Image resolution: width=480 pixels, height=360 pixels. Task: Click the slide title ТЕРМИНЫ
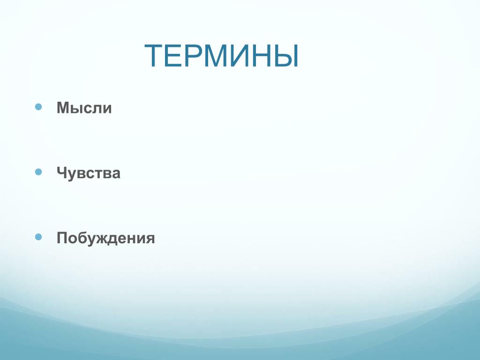click(221, 55)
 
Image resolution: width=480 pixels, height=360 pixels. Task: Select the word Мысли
click(84, 108)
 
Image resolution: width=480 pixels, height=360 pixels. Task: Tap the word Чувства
click(89, 173)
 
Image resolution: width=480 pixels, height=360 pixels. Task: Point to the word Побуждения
click(105, 238)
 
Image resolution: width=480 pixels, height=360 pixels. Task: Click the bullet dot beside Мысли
click(38, 107)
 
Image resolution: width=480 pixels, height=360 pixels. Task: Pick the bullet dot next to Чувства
click(38, 172)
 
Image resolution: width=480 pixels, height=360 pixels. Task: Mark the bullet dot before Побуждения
click(38, 237)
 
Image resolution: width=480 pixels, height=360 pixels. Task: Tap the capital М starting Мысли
click(63, 108)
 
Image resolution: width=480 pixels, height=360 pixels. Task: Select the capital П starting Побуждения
click(62, 238)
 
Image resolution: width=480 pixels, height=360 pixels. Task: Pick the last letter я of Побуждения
click(150, 239)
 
